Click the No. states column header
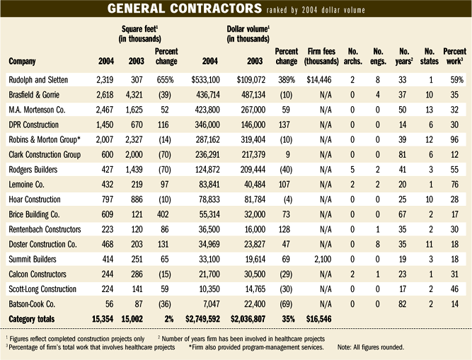coord(429,57)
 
